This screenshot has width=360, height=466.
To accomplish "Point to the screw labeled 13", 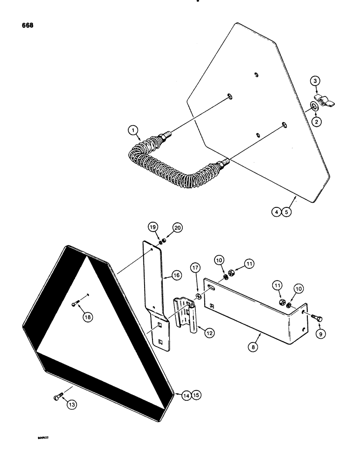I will point(57,397).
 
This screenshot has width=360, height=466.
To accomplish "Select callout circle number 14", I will point(187,396).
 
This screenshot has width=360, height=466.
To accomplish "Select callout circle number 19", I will point(153,228).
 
